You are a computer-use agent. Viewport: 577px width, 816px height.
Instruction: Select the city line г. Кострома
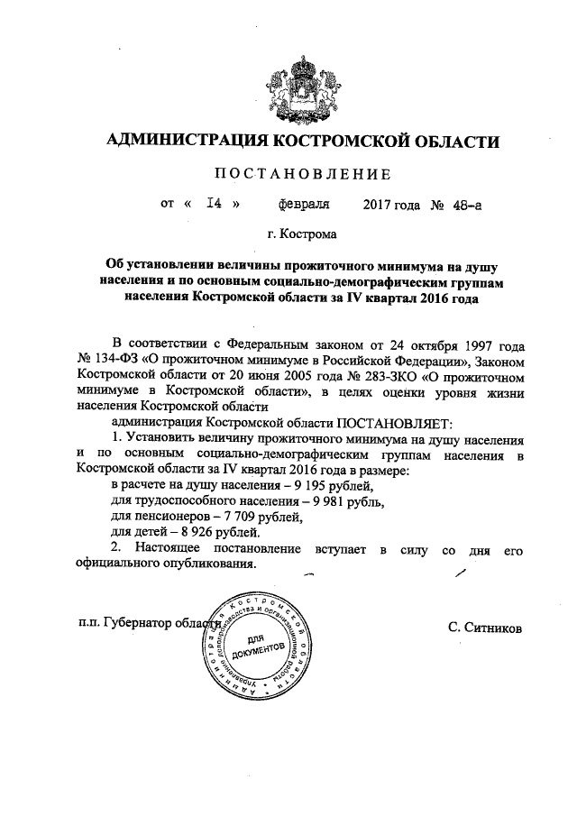tap(302, 235)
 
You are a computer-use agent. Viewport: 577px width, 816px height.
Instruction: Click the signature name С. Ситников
tap(484, 626)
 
